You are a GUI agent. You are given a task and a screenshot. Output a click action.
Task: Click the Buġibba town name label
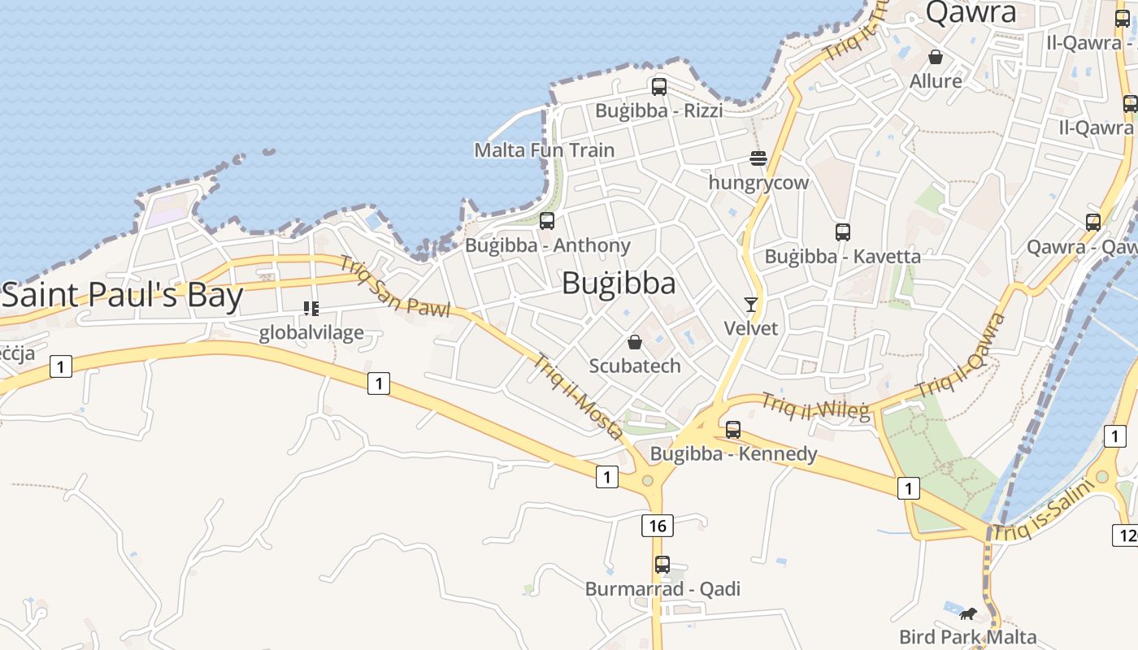pos(619,283)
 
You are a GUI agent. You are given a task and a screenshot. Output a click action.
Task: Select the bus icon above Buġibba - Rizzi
pos(659,86)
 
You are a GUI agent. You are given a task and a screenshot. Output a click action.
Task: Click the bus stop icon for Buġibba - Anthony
pos(547,221)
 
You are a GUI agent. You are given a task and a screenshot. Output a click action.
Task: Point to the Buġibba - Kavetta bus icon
pos(843,232)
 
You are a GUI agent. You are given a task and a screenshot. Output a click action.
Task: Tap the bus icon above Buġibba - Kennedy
pos(733,430)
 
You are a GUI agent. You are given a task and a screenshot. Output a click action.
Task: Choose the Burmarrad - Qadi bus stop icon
pos(662,565)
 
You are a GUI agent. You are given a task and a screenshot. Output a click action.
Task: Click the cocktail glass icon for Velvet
pos(750,305)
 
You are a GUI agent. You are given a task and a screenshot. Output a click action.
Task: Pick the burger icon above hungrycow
pos(758,158)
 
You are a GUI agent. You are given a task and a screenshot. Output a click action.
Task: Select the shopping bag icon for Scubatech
pos(635,342)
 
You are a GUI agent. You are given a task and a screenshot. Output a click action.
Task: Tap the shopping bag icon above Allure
pos(936,57)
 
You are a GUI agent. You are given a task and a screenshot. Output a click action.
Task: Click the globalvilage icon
pos(311,309)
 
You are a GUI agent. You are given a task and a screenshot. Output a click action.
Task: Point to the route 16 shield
pos(658,526)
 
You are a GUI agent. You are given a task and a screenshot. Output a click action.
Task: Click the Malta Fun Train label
pos(545,150)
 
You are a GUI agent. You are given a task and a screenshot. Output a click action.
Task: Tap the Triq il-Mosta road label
pos(579,397)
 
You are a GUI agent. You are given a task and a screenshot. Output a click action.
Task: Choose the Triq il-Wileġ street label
pos(815,405)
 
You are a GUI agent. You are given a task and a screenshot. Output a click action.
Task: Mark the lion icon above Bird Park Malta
pos(967,613)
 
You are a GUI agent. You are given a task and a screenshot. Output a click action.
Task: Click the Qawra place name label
pos(971,12)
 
